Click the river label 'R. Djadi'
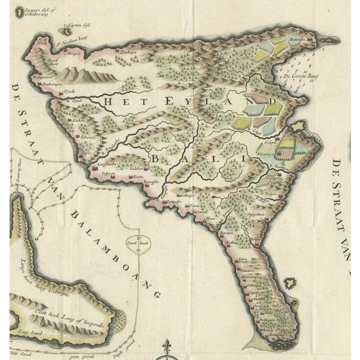(x=70, y=101)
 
